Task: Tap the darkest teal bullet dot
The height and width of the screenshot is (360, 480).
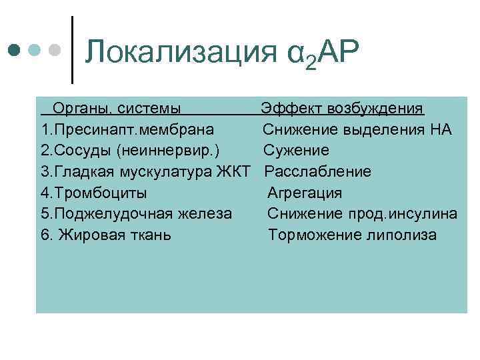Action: click(x=14, y=50)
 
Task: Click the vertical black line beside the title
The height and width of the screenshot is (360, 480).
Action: click(x=72, y=50)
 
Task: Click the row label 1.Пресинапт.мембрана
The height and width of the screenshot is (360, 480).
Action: click(x=127, y=129)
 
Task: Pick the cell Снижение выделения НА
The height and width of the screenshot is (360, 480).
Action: click(x=357, y=129)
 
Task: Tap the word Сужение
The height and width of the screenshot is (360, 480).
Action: click(x=296, y=150)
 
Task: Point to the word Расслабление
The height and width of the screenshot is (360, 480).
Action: click(x=317, y=171)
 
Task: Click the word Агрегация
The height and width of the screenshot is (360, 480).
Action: click(x=305, y=193)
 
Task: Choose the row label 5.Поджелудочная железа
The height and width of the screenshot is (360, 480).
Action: click(x=137, y=214)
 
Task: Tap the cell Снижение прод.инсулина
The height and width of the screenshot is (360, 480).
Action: click(x=363, y=214)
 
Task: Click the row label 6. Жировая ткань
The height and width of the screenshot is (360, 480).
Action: click(x=106, y=235)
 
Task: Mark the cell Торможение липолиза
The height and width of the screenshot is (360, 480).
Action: click(x=353, y=235)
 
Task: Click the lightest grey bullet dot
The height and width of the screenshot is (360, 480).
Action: click(x=56, y=50)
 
